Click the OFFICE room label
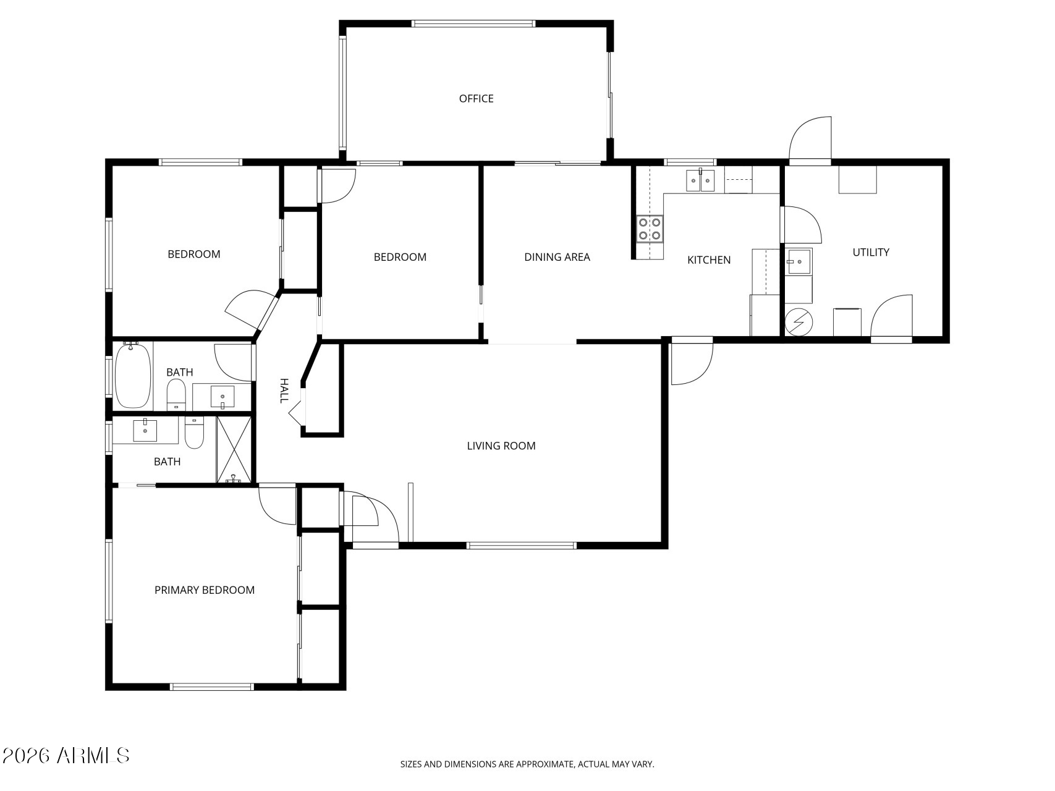point(476,99)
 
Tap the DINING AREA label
point(557,257)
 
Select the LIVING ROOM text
point(501,446)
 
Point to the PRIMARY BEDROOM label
point(205,590)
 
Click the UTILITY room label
point(871,252)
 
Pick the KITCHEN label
point(709,260)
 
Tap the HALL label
point(284,391)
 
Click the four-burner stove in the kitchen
point(650,228)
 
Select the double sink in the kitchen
point(700,180)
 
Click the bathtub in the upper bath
point(133,376)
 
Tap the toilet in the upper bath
point(176,394)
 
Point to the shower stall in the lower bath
point(234,449)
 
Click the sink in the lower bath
point(145,430)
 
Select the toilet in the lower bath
point(195,432)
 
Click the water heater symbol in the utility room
point(799,321)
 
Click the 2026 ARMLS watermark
point(66,755)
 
